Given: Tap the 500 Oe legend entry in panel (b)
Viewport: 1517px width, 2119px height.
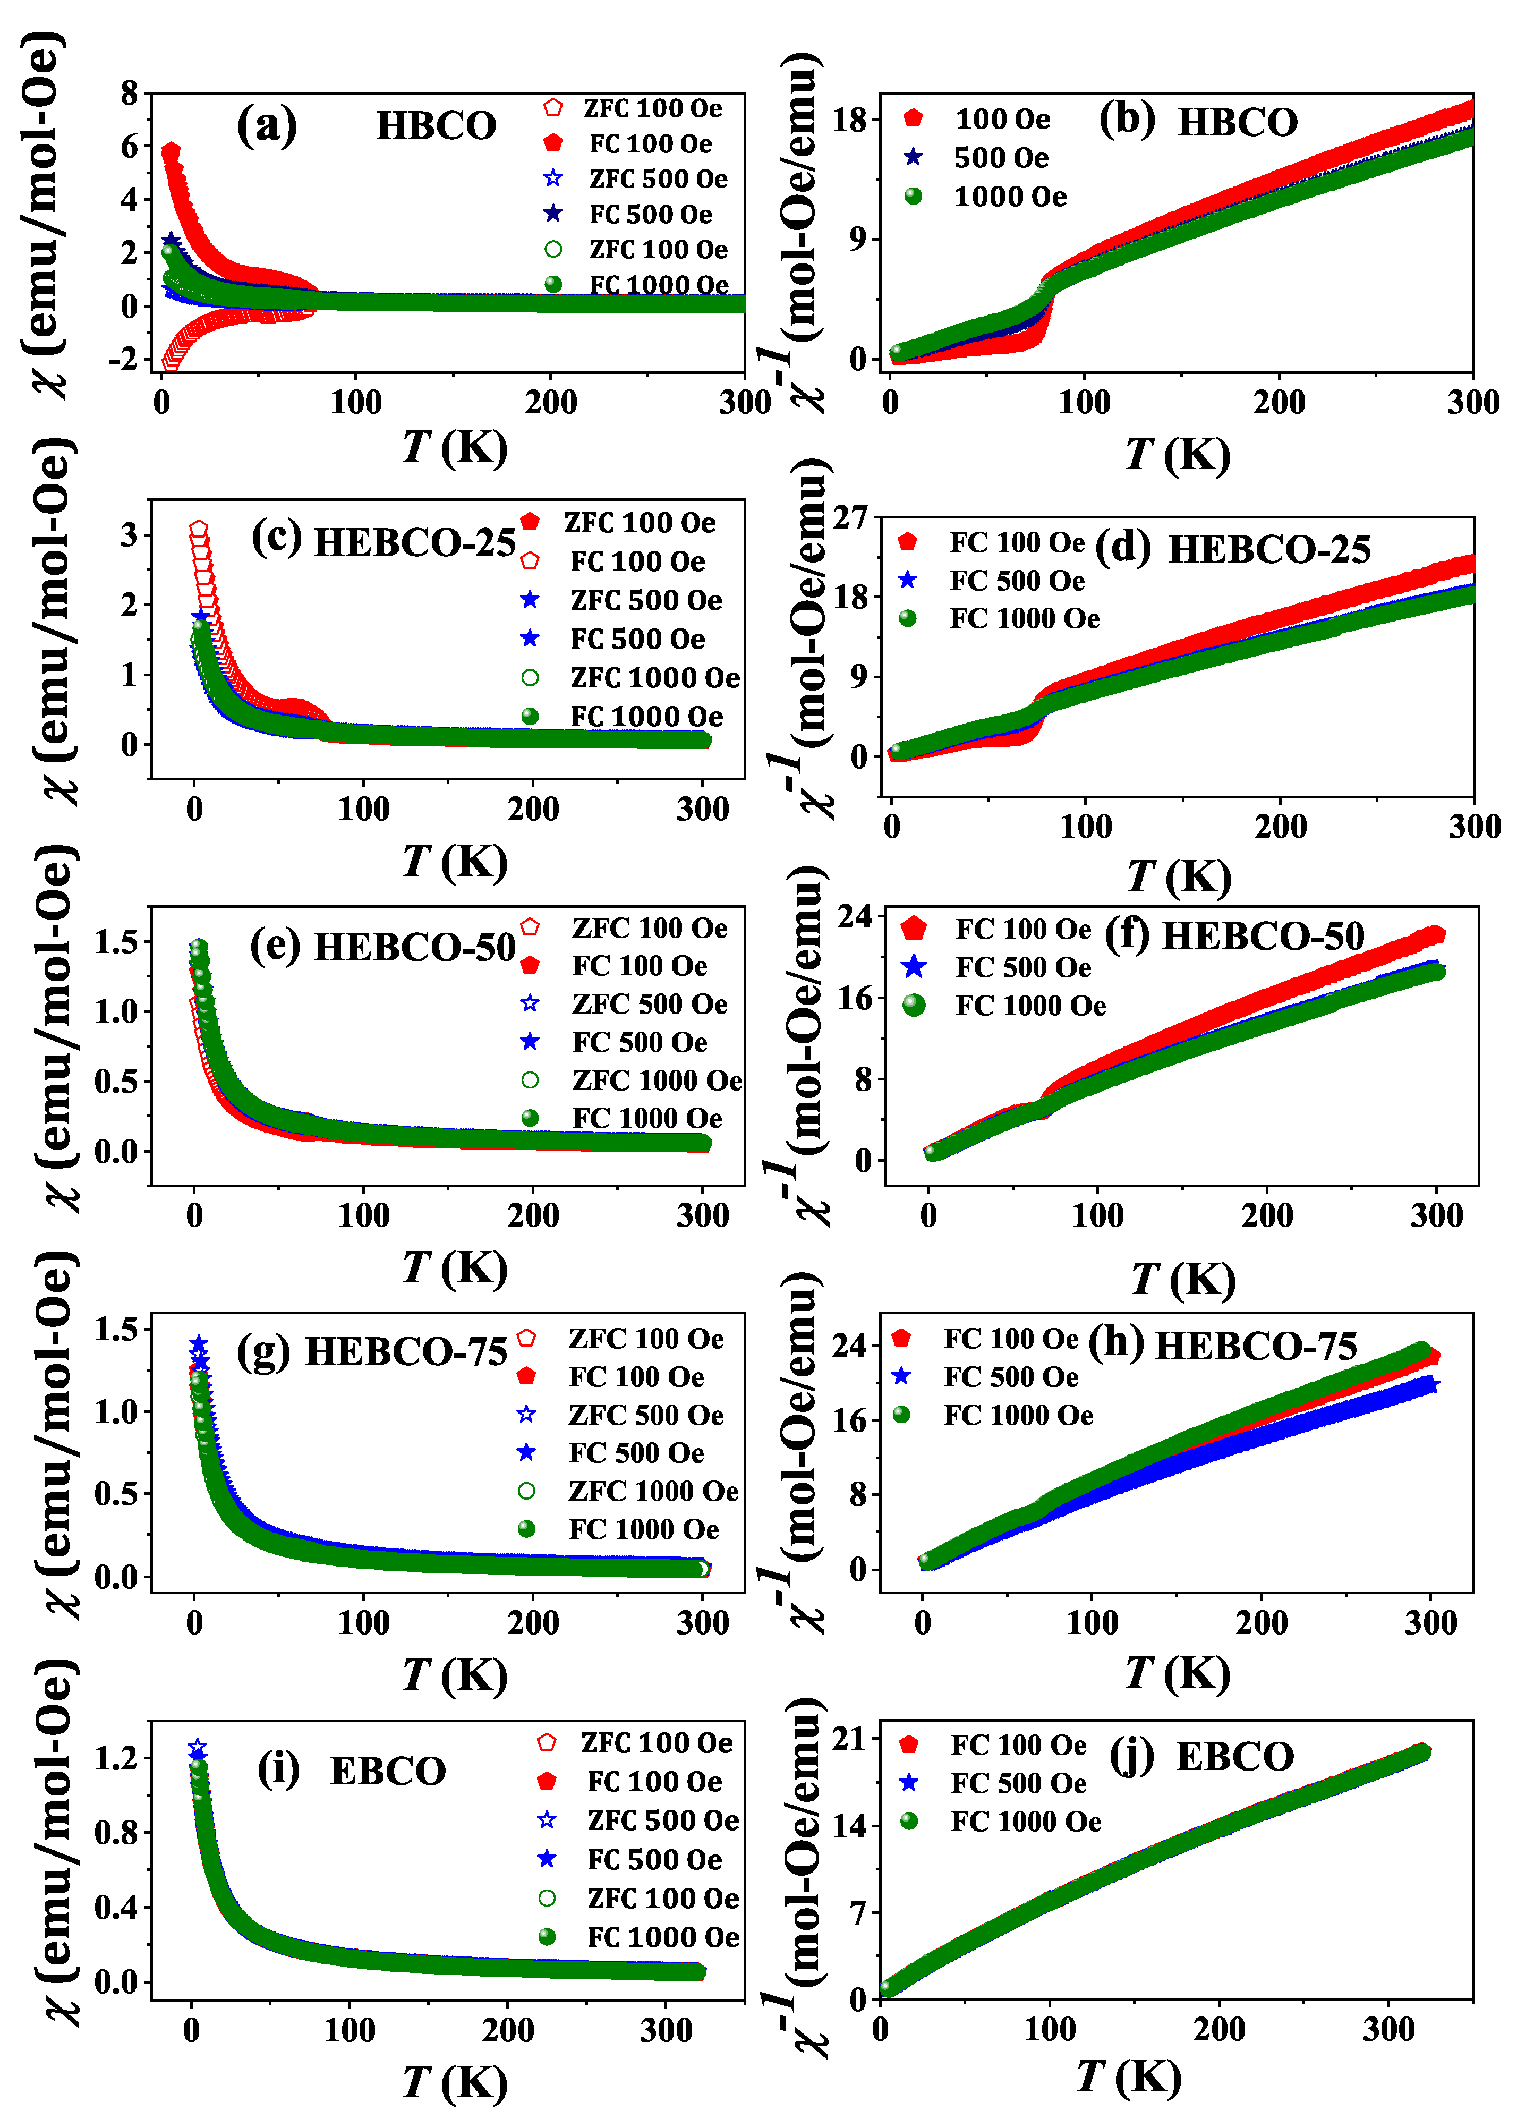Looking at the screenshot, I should [1000, 158].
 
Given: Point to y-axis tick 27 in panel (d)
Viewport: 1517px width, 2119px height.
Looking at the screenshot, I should [850, 517].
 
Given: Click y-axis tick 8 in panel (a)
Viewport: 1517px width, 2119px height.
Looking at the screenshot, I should [129, 93].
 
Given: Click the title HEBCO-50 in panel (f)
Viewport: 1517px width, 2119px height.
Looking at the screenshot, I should [1263, 936].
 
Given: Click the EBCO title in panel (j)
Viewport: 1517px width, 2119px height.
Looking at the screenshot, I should [1235, 1757].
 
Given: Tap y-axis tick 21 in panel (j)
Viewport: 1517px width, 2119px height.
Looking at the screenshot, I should [850, 1740].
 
